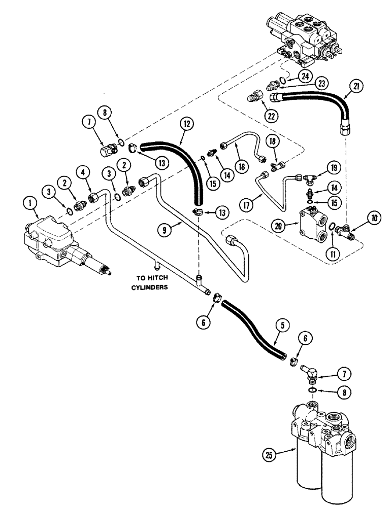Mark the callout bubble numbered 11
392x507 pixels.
click(x=333, y=250)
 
